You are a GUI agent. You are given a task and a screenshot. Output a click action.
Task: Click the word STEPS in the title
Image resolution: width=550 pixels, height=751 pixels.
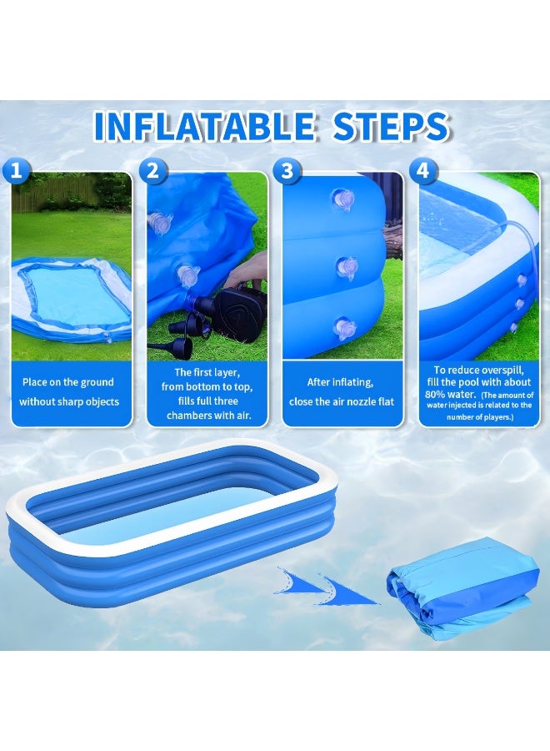coord(380,126)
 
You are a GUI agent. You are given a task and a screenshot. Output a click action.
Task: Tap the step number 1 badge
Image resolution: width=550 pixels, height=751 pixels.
coord(17,171)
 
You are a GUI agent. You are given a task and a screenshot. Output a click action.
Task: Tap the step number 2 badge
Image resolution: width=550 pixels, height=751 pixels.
coord(152,171)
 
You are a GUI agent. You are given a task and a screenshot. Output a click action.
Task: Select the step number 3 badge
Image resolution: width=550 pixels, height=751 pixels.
coord(287,171)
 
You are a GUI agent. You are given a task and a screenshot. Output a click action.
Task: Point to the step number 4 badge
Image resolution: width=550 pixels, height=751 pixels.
coord(423,171)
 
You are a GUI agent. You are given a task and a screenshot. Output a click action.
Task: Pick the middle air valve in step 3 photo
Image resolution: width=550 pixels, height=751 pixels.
coord(346,267)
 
